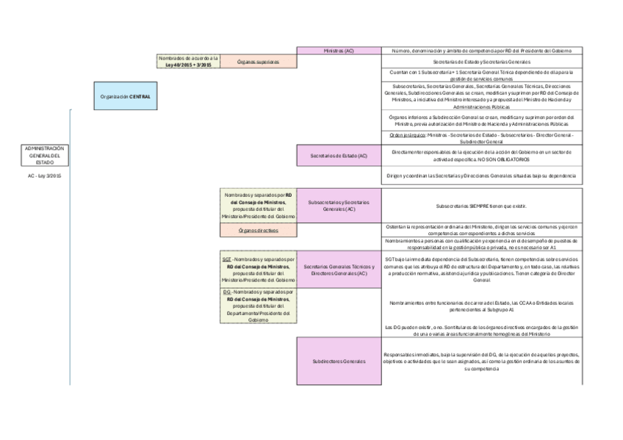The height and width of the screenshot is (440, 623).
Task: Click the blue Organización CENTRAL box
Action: point(126,96)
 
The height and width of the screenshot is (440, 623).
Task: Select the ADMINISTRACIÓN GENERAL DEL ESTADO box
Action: point(44,155)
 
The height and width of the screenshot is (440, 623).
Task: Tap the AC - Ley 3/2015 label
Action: point(44,177)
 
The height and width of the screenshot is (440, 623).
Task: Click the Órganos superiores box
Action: point(258,62)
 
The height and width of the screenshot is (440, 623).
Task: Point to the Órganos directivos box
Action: point(258,231)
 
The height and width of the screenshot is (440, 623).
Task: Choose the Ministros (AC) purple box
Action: point(339,51)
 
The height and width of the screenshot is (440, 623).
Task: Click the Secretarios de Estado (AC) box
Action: point(339,156)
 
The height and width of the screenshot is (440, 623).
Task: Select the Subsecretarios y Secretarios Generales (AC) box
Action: point(339,206)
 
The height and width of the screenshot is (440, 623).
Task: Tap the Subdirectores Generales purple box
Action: point(339,361)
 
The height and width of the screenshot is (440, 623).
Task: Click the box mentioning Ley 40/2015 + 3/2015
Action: point(189,61)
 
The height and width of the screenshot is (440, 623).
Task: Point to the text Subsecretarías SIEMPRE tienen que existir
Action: point(481,206)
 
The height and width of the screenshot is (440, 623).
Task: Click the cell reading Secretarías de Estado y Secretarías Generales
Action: point(481,62)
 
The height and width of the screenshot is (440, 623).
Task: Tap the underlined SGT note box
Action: point(258,270)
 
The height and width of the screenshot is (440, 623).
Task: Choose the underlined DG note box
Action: point(258,306)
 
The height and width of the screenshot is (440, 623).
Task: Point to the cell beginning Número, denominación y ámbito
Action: point(481,51)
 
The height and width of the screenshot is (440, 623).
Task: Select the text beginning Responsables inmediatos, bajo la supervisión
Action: point(481,361)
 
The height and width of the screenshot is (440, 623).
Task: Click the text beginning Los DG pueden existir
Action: point(481,330)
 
